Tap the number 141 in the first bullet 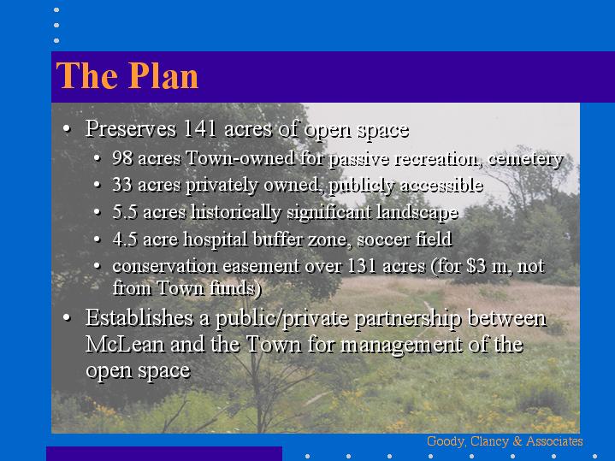[x=199, y=128]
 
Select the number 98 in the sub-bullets [x=122, y=158]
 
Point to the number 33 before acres [x=122, y=185]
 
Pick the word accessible [x=441, y=186]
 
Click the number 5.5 [x=125, y=212]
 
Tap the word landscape [x=417, y=212]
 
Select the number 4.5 [x=125, y=239]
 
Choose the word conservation [x=165, y=266]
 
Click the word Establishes [x=139, y=317]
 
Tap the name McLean [x=125, y=344]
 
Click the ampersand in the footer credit [x=517, y=441]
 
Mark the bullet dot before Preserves [x=67, y=128]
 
